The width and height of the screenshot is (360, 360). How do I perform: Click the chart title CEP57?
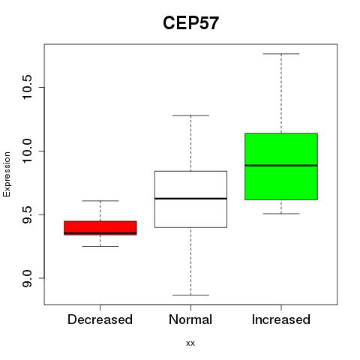tap(190, 23)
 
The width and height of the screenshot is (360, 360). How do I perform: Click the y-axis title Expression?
tap(7, 174)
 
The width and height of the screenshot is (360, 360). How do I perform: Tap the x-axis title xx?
tap(190, 343)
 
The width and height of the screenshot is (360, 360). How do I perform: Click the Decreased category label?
tap(100, 319)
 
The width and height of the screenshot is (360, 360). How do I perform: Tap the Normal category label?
tap(190, 319)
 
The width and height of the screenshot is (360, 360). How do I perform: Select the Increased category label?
tap(281, 319)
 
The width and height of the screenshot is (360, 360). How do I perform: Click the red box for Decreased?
tap(100, 228)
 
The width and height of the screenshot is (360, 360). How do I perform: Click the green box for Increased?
tap(281, 166)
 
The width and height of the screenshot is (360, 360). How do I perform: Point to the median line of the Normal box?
tap(190, 199)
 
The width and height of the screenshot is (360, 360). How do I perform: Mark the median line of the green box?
tap(281, 166)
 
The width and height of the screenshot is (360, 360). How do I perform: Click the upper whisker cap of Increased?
tap(281, 54)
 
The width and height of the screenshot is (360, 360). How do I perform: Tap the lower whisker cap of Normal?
tap(190, 295)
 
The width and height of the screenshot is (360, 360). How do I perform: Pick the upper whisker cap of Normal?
tap(190, 115)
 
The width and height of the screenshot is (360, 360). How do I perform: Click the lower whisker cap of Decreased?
tap(100, 246)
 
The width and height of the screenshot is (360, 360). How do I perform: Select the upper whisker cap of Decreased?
tap(100, 200)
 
